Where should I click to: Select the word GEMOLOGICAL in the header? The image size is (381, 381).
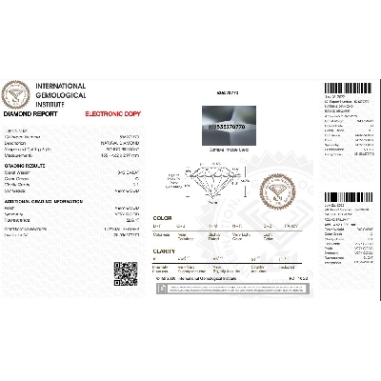click(60, 96)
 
